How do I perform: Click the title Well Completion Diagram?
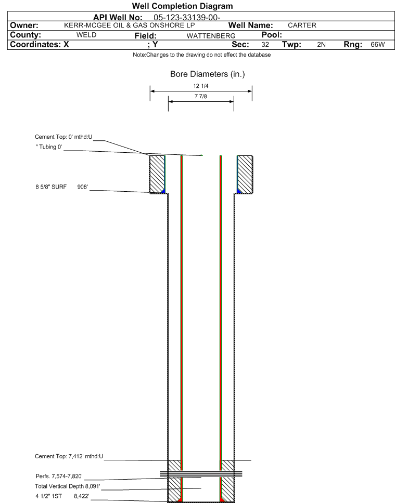(x=182, y=6)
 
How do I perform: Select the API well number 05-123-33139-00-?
(x=187, y=17)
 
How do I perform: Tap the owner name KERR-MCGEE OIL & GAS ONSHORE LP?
(x=130, y=25)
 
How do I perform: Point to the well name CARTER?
(x=302, y=25)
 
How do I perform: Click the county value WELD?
(x=86, y=35)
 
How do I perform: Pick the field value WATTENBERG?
(x=211, y=36)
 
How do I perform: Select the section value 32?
(x=265, y=45)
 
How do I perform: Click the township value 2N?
(x=322, y=45)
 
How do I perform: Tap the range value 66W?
(x=378, y=45)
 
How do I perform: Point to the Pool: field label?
(x=272, y=35)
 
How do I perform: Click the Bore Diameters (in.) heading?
(x=207, y=74)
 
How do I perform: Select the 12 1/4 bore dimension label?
(x=200, y=86)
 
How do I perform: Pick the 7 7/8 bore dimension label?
(x=200, y=96)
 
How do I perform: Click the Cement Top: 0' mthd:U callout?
(x=63, y=137)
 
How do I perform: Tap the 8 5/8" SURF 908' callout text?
(x=62, y=187)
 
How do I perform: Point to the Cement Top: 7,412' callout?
(x=69, y=456)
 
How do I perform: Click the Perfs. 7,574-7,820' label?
(x=59, y=476)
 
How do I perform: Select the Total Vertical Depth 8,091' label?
(x=68, y=486)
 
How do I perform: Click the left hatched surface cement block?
(x=157, y=174)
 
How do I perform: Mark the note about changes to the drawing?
(x=202, y=55)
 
